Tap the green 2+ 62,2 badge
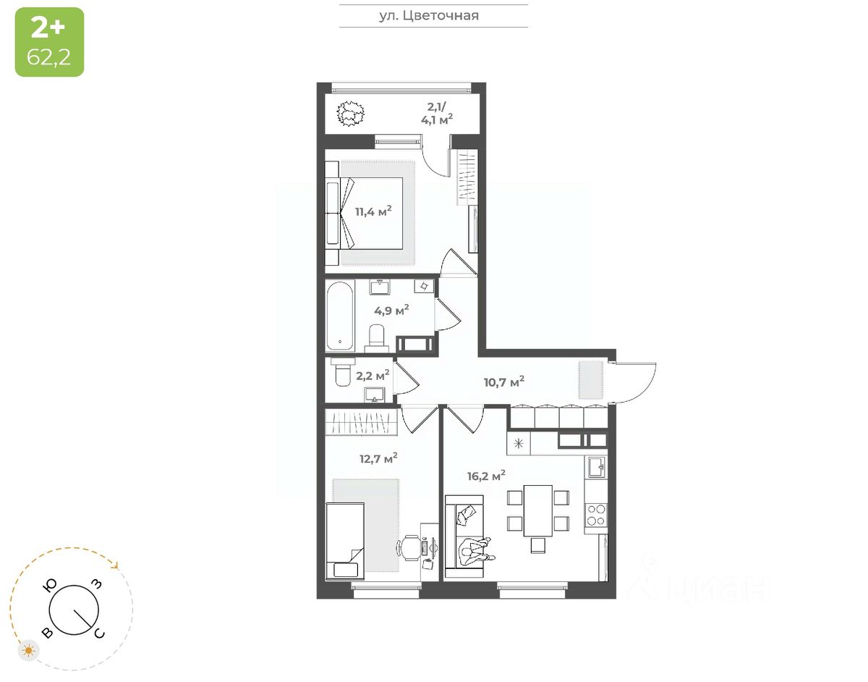[49, 42]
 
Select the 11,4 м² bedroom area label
[373, 211]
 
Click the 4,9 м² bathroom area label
[391, 311]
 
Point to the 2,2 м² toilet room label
[373, 375]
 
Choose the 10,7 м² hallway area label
[504, 381]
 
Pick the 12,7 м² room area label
[378, 458]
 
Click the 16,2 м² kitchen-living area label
[485, 476]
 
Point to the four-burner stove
[596, 515]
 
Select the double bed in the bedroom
[369, 213]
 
